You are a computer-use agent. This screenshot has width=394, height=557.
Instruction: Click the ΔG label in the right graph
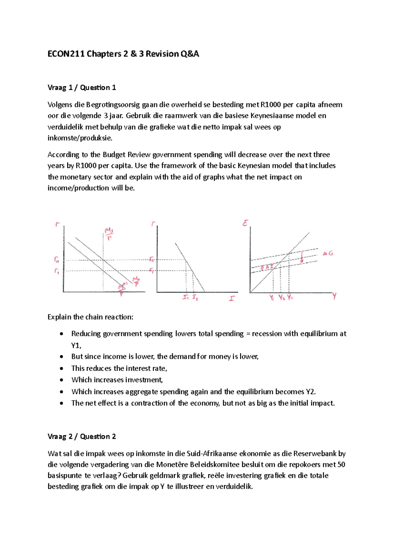pos(328,253)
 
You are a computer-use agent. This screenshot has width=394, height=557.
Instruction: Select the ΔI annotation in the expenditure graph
pos(267,267)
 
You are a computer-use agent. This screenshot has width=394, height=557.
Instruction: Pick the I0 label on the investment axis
pos(186,298)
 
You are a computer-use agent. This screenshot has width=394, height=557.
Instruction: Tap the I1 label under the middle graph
pos(195,298)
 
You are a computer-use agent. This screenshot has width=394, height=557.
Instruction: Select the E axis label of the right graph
pos(245,223)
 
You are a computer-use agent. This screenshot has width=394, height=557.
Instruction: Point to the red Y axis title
pos(334,296)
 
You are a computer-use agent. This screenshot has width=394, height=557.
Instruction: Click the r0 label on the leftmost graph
pos(57,260)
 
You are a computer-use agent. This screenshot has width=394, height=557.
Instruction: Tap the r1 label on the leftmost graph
pos(57,271)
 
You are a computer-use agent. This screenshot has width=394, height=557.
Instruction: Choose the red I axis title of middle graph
pos(232,298)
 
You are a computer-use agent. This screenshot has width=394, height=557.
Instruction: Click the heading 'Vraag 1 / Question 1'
pos(82,88)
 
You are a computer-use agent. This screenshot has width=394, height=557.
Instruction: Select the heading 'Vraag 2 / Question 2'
pos(82,437)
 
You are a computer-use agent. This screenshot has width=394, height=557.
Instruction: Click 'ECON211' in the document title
pos(66,54)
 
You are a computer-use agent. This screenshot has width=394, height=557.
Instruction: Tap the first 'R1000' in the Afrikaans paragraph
pos(271,105)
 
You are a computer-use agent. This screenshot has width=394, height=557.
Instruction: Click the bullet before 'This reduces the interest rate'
pos(61,369)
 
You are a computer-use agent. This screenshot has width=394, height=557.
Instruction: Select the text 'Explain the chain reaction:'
pos(91,317)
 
